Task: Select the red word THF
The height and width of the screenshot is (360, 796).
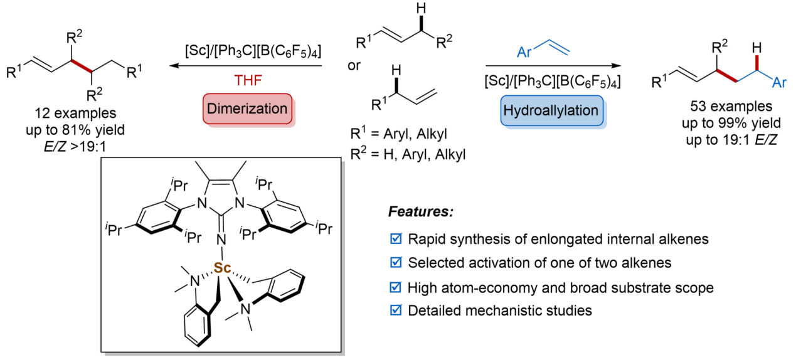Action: [249, 82]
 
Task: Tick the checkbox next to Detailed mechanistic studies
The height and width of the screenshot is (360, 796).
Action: [395, 310]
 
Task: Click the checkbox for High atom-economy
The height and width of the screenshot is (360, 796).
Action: [395, 287]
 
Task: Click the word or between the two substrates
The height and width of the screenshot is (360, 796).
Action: [355, 66]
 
